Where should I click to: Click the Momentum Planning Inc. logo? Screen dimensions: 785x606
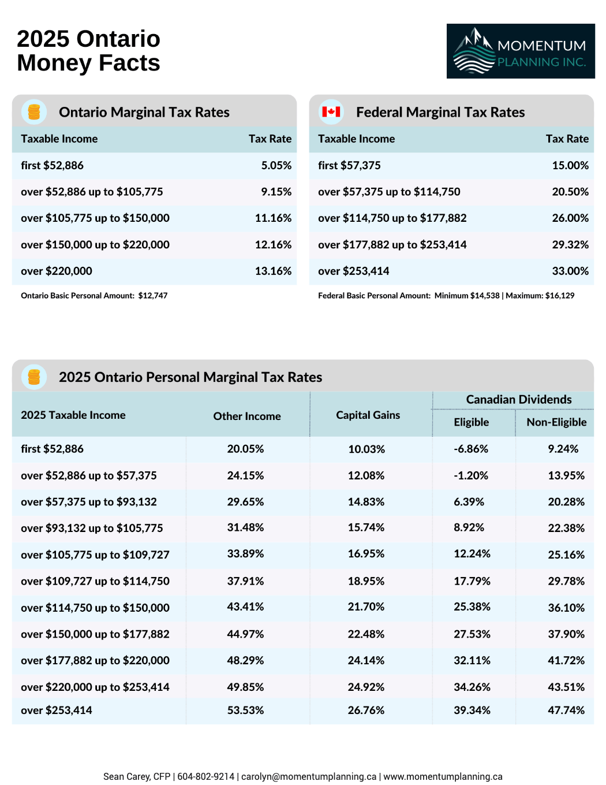(520, 51)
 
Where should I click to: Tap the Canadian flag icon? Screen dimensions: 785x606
(331, 111)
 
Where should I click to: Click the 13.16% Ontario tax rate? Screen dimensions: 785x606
(273, 271)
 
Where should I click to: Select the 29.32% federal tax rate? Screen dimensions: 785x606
(570, 244)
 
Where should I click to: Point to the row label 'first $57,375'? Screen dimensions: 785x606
(349, 165)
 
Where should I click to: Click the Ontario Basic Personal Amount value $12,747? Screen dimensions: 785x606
(153, 296)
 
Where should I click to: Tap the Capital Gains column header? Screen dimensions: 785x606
(368, 415)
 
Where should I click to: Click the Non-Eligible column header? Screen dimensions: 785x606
(556, 422)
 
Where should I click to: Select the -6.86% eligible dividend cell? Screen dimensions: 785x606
(470, 449)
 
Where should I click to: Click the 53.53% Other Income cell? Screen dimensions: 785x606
(245, 710)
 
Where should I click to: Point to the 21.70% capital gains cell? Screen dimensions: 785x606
(366, 607)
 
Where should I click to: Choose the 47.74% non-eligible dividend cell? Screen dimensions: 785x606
(566, 710)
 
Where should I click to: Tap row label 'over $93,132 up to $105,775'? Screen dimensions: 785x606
(92, 528)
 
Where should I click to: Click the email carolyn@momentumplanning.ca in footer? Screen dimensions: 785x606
(309, 776)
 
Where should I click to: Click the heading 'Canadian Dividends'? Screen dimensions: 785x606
(518, 400)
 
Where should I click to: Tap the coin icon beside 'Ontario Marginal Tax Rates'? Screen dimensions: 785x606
(34, 111)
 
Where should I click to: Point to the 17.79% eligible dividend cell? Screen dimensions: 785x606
(472, 581)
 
